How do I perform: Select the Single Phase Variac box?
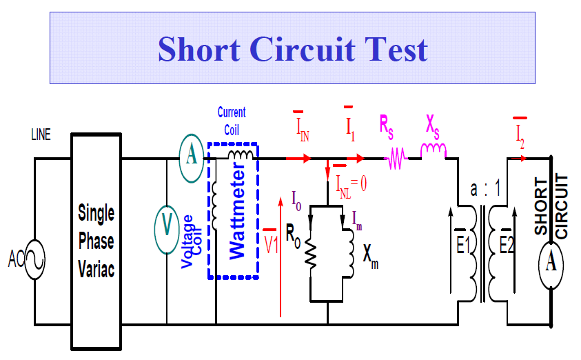click(x=96, y=238)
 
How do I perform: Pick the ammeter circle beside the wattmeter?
click(x=191, y=157)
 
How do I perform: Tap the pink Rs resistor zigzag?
click(x=396, y=160)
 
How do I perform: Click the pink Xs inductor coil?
click(x=434, y=151)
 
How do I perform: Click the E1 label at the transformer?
click(x=462, y=245)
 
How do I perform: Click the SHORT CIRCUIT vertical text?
click(x=551, y=207)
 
